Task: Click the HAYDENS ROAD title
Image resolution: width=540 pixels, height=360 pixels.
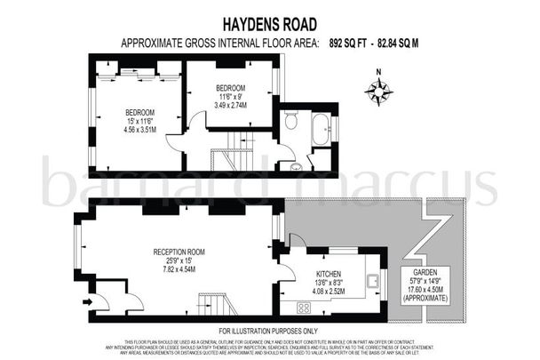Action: coord(269,25)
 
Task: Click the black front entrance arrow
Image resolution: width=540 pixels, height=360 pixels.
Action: coord(85,301)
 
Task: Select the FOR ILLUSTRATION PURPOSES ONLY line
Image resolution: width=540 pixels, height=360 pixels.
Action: coord(269,332)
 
